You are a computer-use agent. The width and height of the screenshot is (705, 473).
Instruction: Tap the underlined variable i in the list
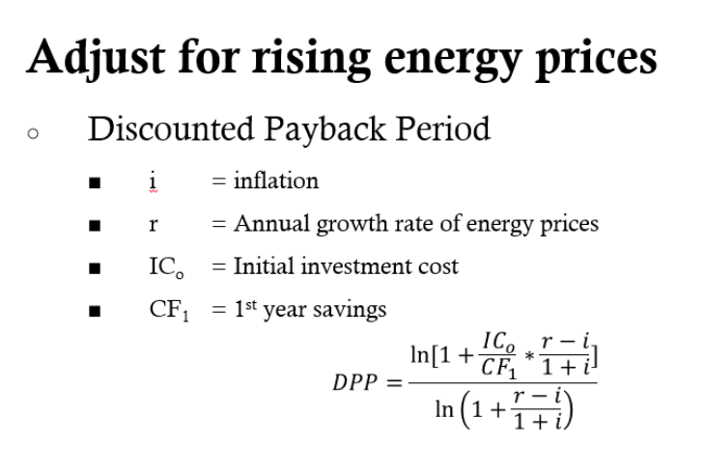[x=153, y=180]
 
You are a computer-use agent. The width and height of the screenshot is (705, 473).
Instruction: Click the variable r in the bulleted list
[x=153, y=225]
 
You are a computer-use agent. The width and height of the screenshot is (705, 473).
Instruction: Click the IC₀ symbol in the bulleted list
[x=160, y=267]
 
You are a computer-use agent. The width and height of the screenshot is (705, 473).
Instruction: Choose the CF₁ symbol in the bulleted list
[x=163, y=310]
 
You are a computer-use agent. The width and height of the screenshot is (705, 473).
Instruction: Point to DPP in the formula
[x=360, y=381]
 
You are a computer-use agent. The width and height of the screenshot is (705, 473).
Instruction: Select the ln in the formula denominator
[x=445, y=412]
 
